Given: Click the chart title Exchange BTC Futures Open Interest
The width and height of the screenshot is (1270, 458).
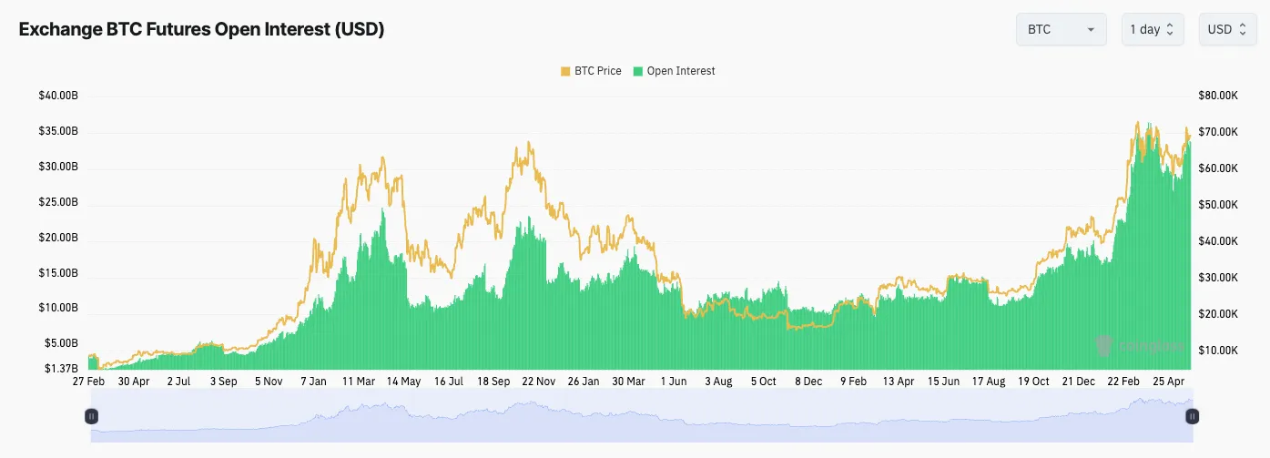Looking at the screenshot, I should (201, 29).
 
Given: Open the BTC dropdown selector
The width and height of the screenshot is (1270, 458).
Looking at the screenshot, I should (1061, 29).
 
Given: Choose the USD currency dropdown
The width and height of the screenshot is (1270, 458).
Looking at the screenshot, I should (1227, 29).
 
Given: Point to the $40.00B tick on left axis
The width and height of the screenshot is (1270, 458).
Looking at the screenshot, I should (58, 96).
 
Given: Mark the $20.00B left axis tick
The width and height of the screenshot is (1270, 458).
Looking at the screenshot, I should (58, 238).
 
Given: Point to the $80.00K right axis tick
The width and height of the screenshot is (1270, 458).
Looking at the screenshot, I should (1218, 96).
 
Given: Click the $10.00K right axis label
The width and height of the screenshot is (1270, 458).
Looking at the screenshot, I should (1218, 351).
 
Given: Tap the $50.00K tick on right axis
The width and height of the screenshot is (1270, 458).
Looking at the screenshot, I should (1218, 205).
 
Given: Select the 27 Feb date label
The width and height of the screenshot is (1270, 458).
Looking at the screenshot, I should (88, 382).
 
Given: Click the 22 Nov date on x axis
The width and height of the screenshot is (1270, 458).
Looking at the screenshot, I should (539, 382).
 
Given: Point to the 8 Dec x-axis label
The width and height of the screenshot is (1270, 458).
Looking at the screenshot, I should (808, 382).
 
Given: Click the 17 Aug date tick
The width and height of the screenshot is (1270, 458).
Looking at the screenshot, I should (988, 382).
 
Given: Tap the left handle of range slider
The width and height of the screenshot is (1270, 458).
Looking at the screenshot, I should (91, 416).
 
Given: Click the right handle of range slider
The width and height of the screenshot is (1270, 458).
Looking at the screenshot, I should (1192, 416).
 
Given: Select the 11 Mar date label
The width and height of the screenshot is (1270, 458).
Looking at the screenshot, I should (360, 382).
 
